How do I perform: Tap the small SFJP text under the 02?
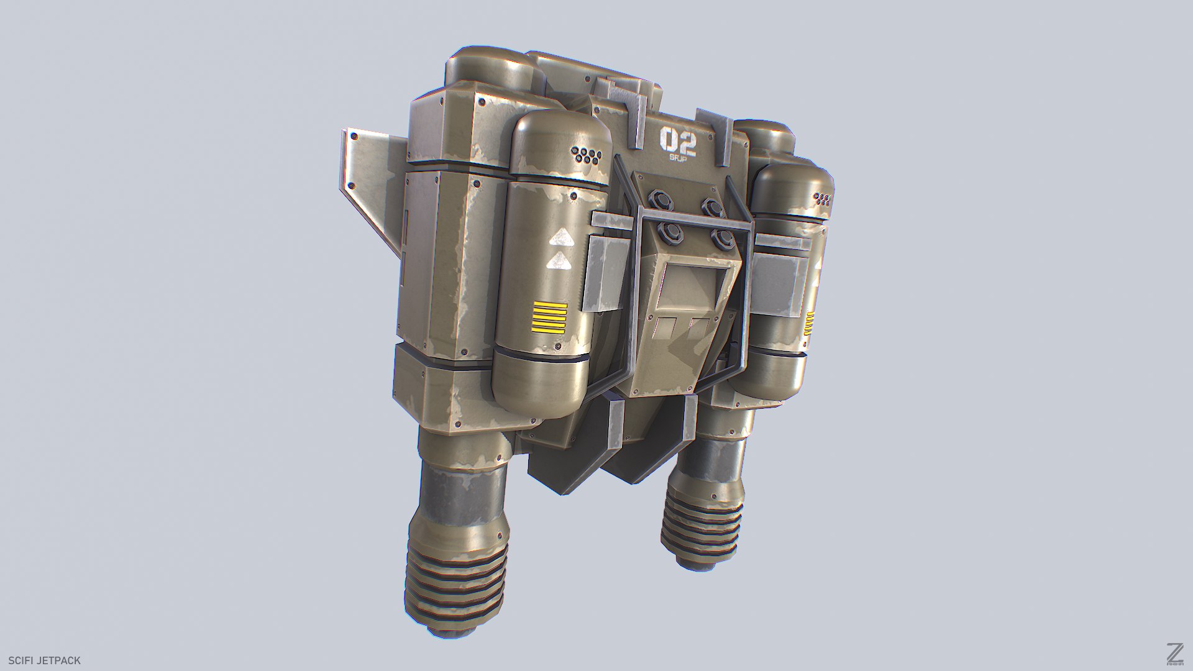[677, 159]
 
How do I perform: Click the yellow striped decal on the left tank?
[549, 317]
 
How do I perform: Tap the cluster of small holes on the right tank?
[823, 199]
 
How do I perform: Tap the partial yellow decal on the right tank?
[810, 324]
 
